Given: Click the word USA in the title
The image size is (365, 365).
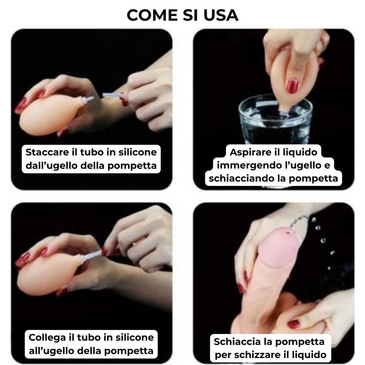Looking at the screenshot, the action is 221,15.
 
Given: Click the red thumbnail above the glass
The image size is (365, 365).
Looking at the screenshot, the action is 292,86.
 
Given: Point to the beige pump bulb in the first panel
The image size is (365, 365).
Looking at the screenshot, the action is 50,115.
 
